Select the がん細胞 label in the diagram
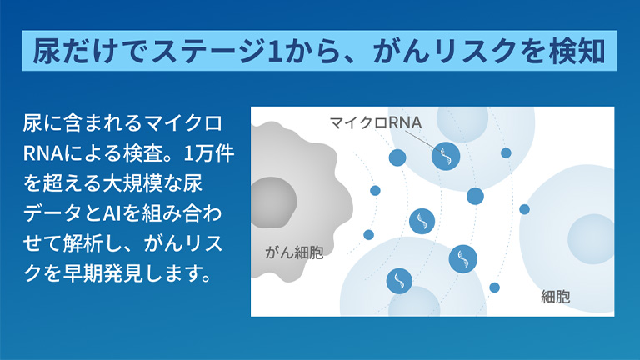(294, 252)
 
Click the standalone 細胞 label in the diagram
(556, 296)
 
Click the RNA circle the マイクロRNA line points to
(446, 156)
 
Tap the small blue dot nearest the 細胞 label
(494, 287)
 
